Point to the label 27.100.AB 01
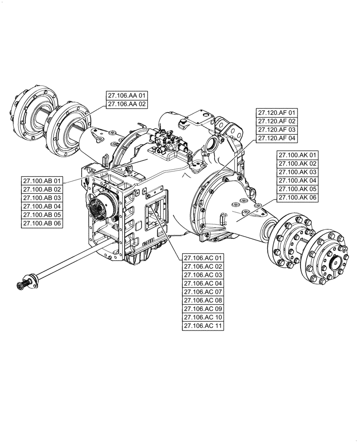(x=42, y=181)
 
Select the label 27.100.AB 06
(x=42, y=223)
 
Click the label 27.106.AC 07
(x=203, y=292)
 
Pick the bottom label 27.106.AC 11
(x=203, y=326)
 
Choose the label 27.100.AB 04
(x=42, y=206)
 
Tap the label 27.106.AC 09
(x=203, y=309)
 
